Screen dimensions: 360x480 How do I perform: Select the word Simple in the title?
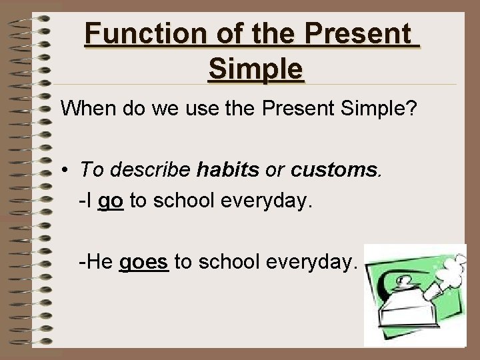pos(255,67)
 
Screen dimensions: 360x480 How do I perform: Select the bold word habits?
pos(228,170)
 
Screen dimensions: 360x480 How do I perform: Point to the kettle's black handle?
pos(389,281)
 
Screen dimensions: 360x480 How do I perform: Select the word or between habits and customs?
pos(275,170)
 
